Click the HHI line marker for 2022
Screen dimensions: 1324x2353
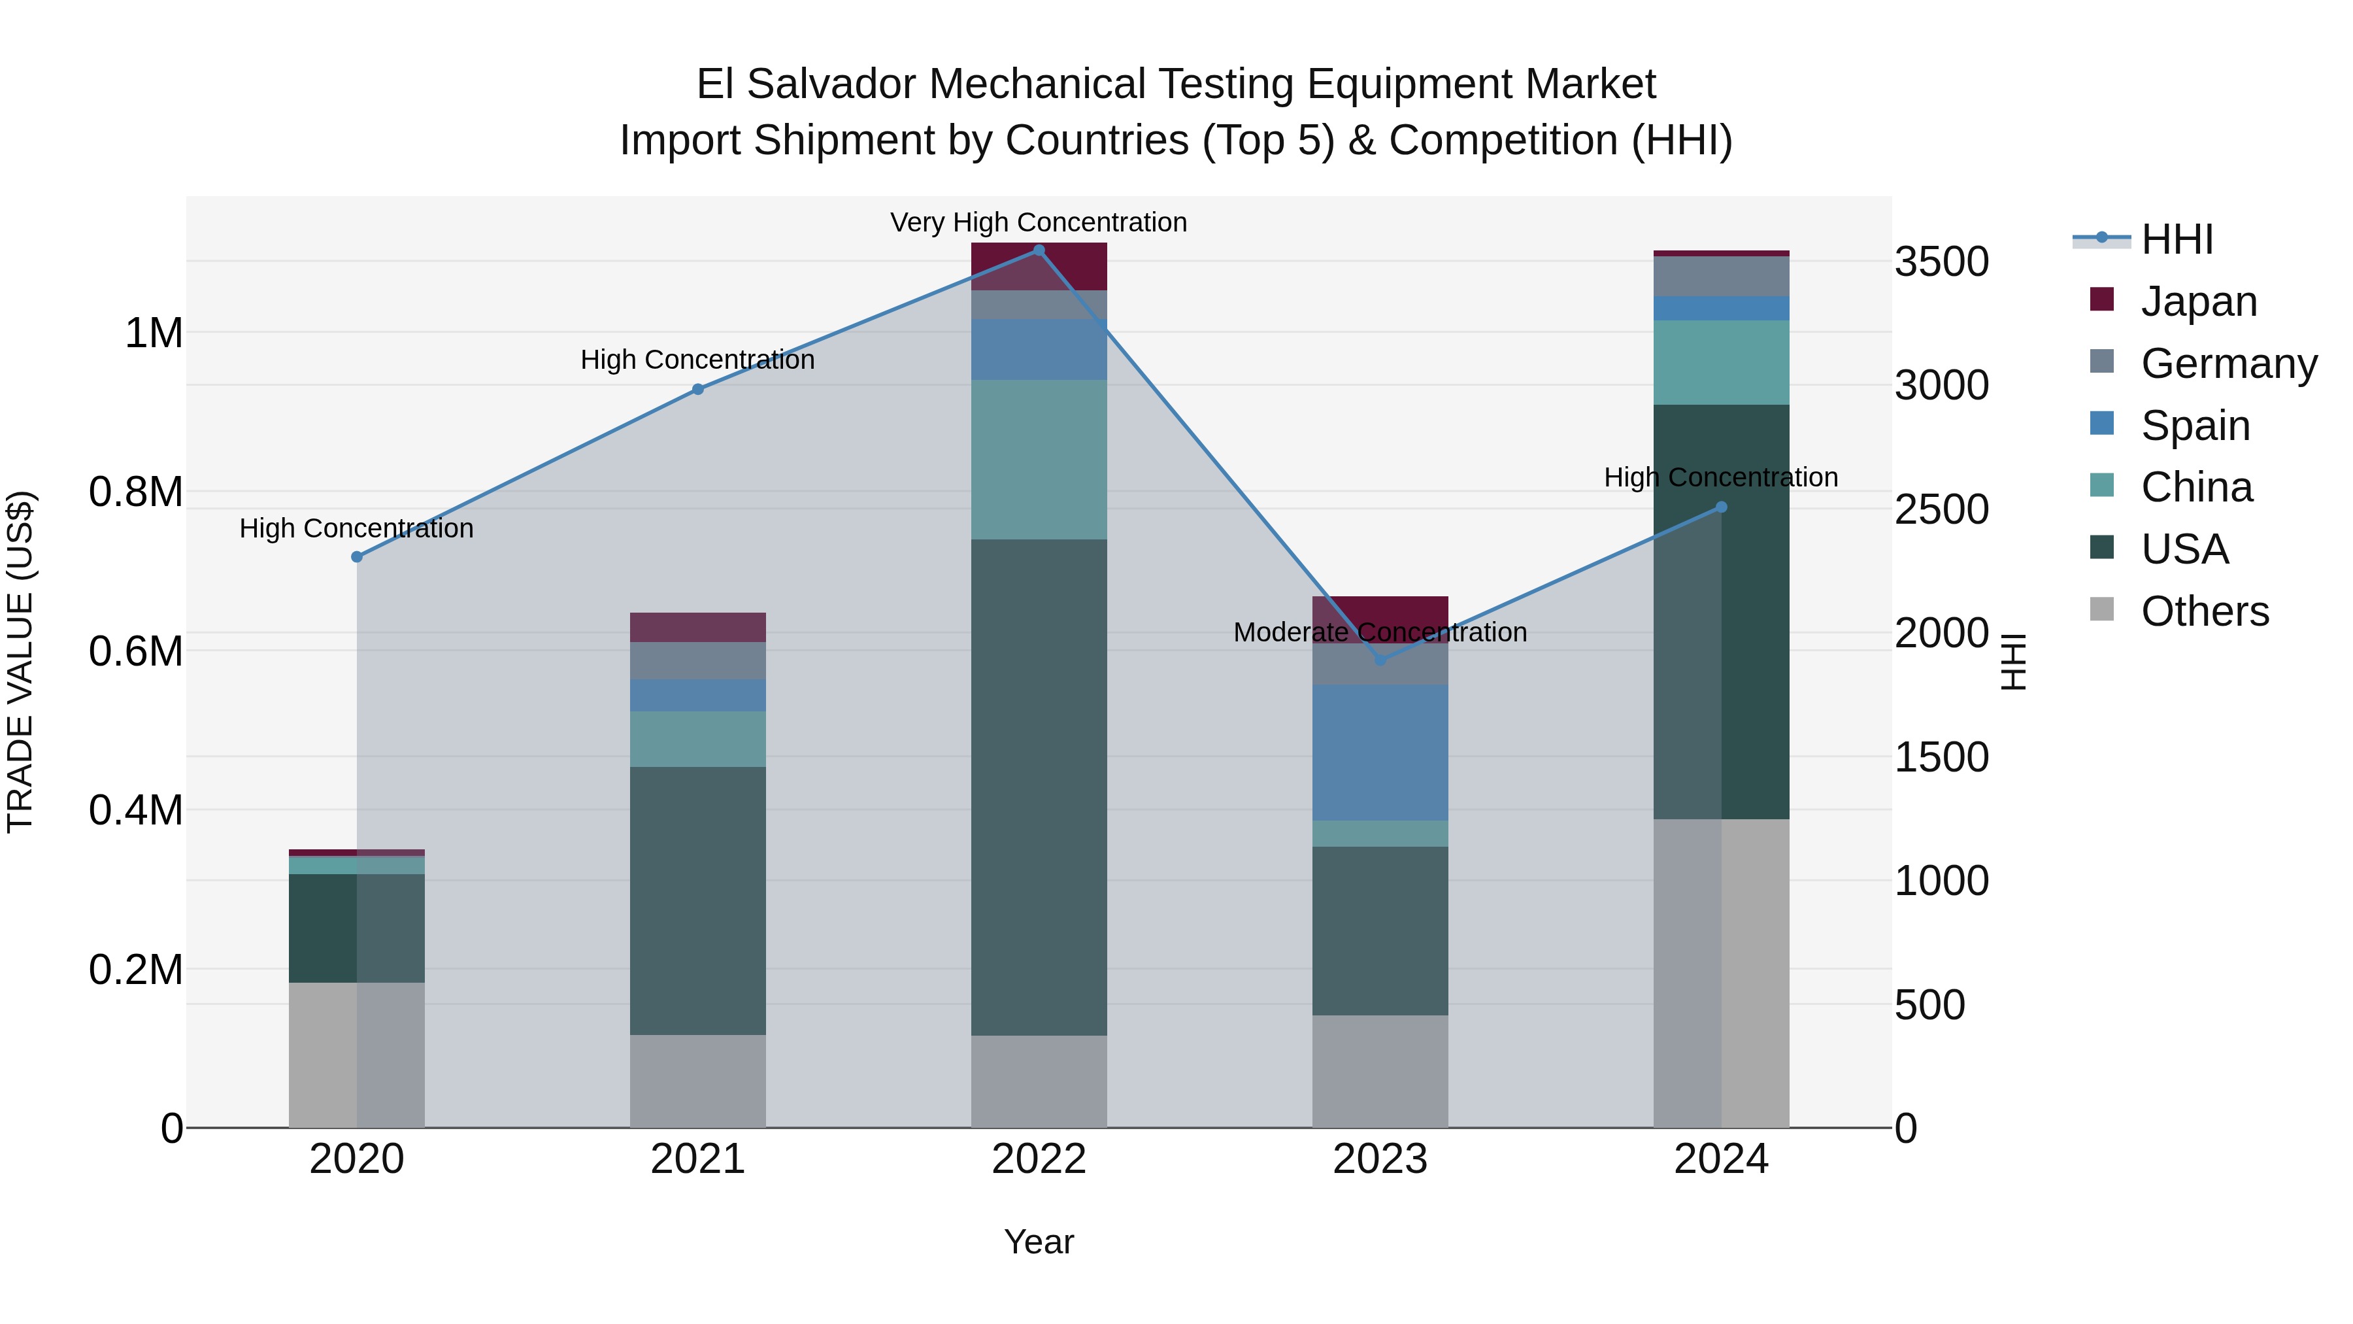(x=1039, y=250)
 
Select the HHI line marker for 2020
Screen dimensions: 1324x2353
(x=357, y=556)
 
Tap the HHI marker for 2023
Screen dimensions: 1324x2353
(x=1380, y=660)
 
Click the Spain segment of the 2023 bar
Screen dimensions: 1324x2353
(x=1380, y=752)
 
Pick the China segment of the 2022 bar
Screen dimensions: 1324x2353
(x=1039, y=460)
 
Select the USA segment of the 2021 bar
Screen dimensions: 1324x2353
(x=698, y=900)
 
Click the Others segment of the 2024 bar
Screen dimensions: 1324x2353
(x=1721, y=972)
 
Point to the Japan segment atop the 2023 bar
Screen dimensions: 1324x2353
(x=1380, y=612)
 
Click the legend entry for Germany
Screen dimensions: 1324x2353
(x=2228, y=364)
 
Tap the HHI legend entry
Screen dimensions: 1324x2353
(x=2177, y=239)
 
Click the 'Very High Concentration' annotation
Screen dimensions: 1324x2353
(x=1039, y=222)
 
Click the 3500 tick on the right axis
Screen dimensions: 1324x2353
(x=1941, y=262)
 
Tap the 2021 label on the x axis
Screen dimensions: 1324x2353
(x=698, y=1159)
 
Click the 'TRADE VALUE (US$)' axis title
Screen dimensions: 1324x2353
(x=20, y=662)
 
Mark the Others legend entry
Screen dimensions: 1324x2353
(x=2204, y=611)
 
